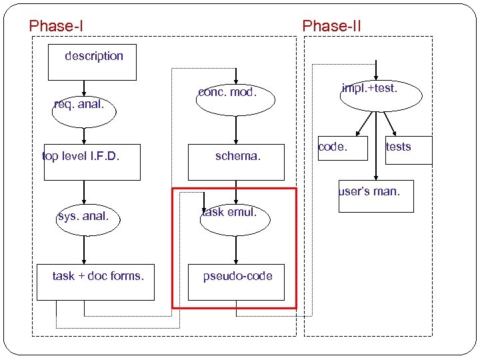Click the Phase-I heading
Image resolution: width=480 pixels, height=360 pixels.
(x=56, y=27)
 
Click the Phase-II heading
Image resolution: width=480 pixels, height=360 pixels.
(x=331, y=27)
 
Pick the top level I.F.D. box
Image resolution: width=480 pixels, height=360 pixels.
(x=92, y=162)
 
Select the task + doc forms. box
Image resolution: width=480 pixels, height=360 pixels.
(x=98, y=282)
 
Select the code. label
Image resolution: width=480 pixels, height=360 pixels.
(x=333, y=147)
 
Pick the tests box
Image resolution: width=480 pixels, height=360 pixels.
(x=403, y=150)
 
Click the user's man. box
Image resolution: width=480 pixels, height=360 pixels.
(x=376, y=196)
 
